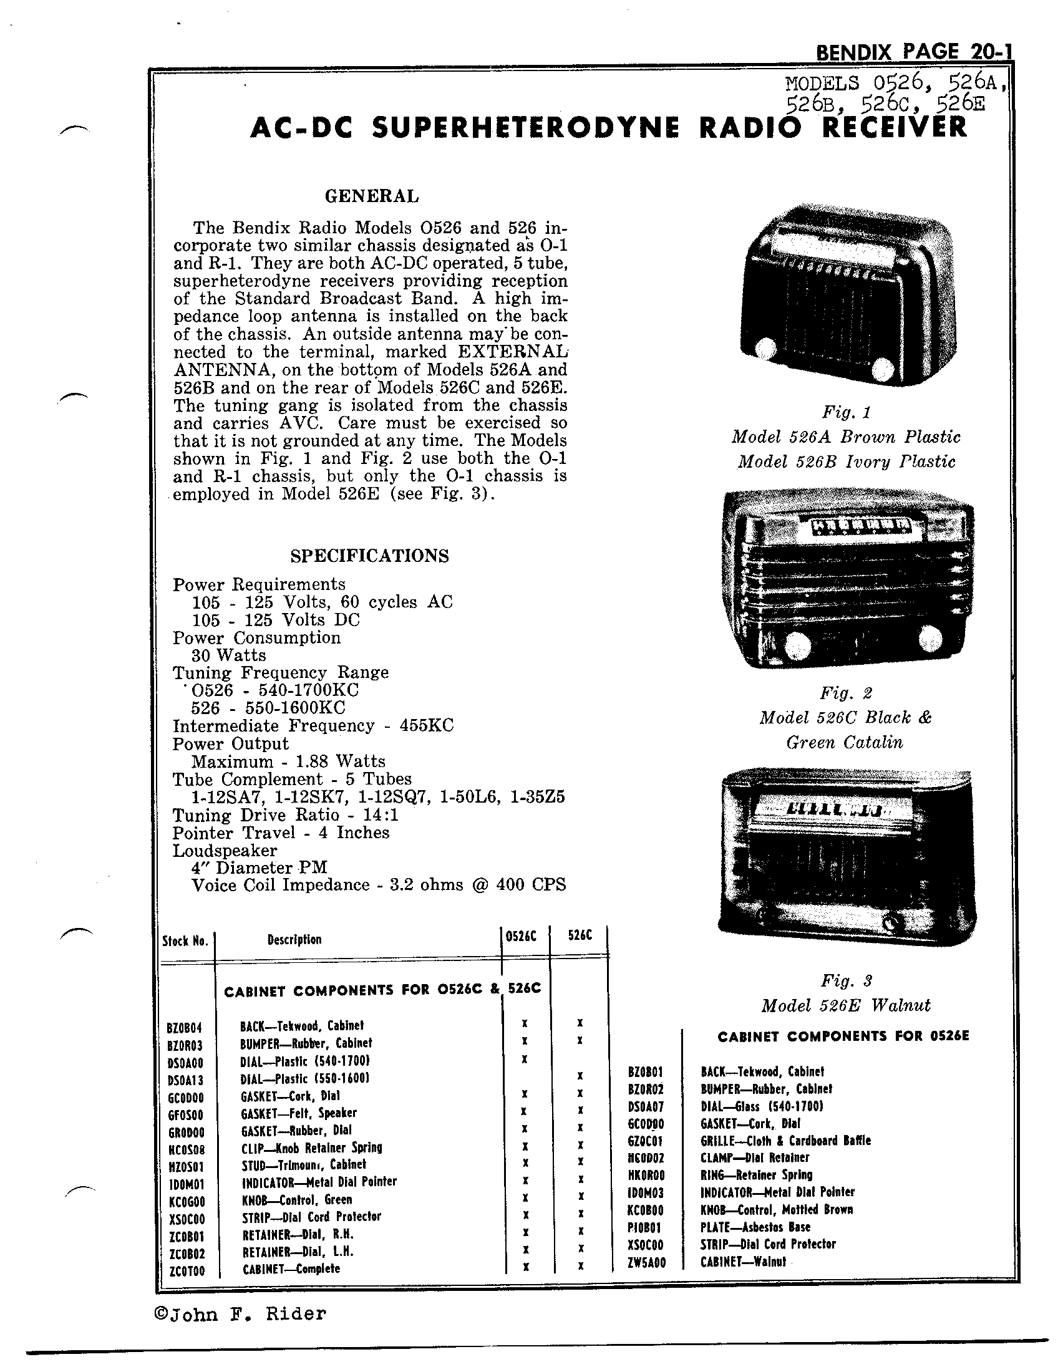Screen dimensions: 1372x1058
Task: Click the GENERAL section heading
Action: click(x=371, y=196)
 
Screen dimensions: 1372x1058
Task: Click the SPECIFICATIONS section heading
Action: click(x=369, y=556)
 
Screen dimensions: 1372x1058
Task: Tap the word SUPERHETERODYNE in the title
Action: click(x=526, y=128)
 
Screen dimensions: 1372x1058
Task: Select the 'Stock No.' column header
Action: click(x=185, y=940)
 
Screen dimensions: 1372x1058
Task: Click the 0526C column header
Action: click(x=521, y=936)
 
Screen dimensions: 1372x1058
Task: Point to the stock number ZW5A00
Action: click(x=646, y=1262)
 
